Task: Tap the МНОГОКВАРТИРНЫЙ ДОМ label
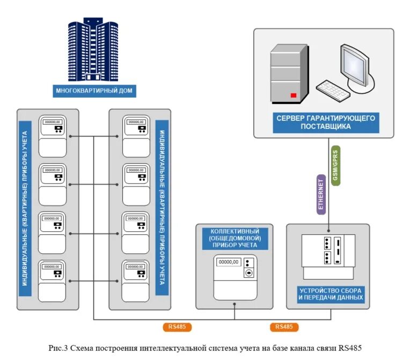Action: tap(94, 91)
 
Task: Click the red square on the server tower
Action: tap(294, 95)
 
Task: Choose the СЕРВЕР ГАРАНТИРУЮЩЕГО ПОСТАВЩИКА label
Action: tap(326, 122)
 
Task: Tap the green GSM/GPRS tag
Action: tap(336, 165)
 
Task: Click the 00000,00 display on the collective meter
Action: tap(229, 262)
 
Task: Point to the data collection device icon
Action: tap(328, 256)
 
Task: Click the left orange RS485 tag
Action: tap(177, 327)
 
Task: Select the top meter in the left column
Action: tap(53, 135)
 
